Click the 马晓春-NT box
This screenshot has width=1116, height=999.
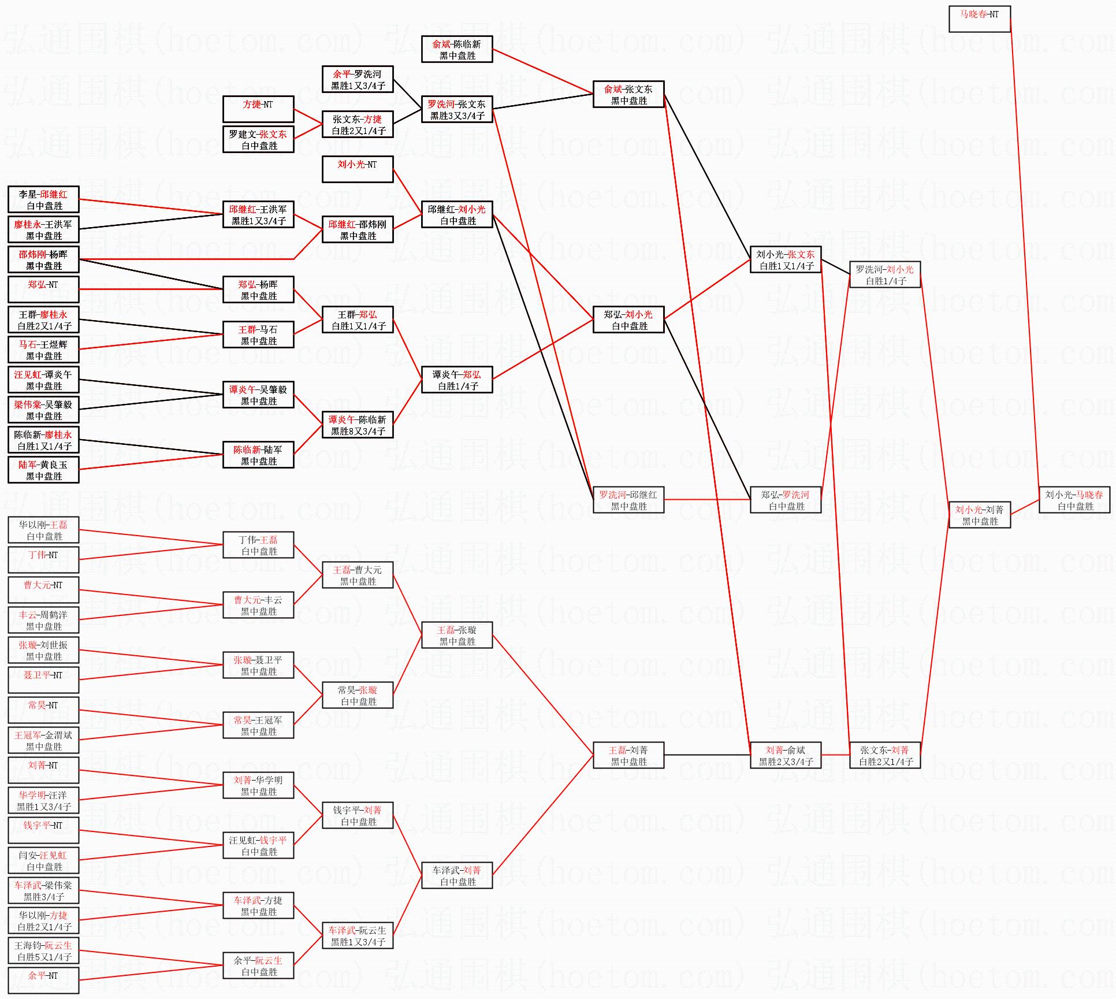click(x=979, y=19)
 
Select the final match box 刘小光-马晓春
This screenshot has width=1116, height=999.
click(x=1074, y=500)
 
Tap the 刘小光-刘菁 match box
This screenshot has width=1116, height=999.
click(x=980, y=515)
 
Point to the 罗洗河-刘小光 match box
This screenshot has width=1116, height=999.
click(x=885, y=275)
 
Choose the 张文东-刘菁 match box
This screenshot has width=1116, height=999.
click(x=885, y=756)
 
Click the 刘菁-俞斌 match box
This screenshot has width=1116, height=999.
click(x=786, y=756)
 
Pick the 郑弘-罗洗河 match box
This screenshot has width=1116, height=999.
click(x=786, y=500)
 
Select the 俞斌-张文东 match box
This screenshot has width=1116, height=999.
click(x=628, y=95)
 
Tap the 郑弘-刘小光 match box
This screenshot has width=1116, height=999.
click(x=628, y=320)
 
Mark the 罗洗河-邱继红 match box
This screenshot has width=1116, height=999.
click(x=628, y=500)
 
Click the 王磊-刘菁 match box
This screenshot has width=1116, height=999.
click(x=628, y=756)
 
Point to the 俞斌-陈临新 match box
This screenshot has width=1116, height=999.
click(x=457, y=50)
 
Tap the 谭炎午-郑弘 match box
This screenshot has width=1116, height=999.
click(x=457, y=380)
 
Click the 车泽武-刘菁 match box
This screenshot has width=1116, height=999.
click(x=457, y=876)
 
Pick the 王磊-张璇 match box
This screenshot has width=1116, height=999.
click(x=457, y=636)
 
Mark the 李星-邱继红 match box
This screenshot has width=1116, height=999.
click(x=43, y=200)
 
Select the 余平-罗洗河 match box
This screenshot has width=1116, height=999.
click(x=358, y=80)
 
